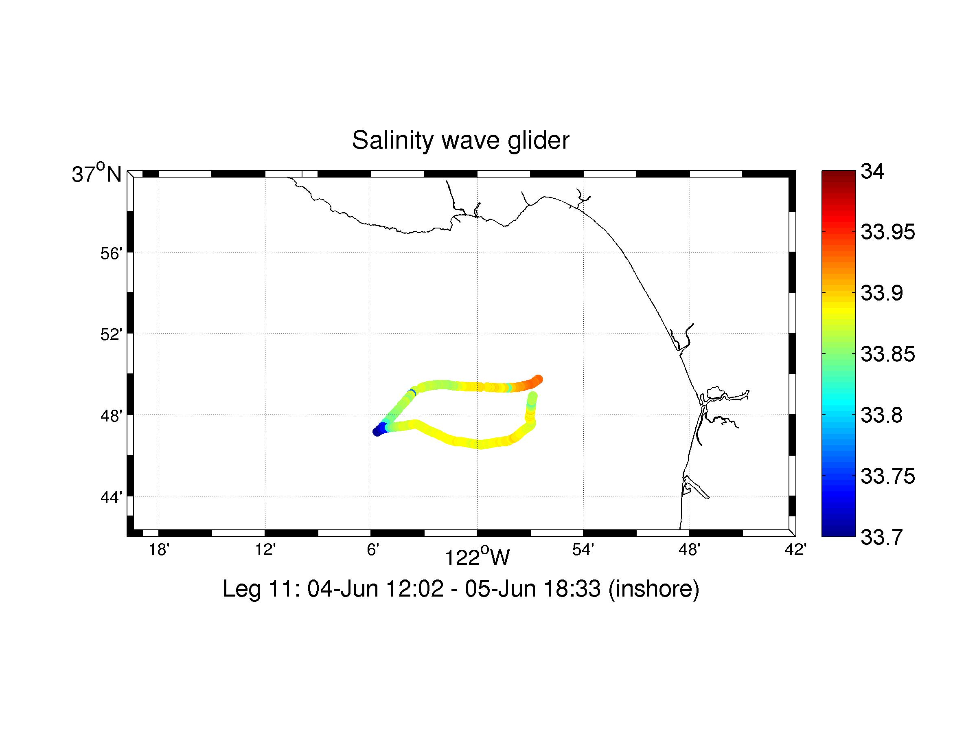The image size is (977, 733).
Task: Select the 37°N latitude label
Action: coord(96,174)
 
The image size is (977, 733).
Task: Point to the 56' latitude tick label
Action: coord(111,254)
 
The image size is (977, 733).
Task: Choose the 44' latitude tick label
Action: coord(111,498)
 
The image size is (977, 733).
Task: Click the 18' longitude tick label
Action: coord(159,550)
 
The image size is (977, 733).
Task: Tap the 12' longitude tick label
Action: coord(265,550)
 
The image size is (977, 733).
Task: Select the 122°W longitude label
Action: coord(477,557)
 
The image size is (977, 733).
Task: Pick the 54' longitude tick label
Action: coord(583,550)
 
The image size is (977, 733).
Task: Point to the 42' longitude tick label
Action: coord(795,550)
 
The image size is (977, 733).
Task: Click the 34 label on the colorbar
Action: coord(872,171)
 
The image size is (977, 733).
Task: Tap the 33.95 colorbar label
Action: coord(888,233)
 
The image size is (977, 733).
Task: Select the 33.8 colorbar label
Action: coord(882,415)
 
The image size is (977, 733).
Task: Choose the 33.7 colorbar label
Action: coord(882,538)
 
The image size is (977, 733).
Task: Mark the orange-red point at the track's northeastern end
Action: coord(539,379)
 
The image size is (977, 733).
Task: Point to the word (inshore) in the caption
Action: coord(654,589)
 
